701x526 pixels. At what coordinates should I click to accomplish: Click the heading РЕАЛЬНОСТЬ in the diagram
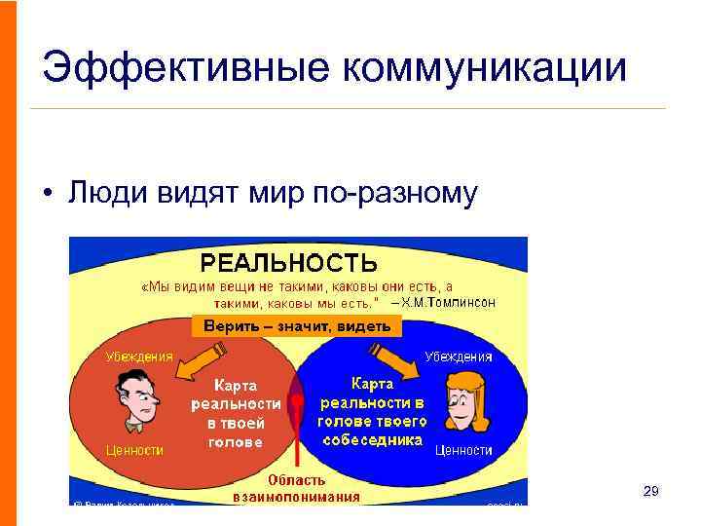click(x=288, y=263)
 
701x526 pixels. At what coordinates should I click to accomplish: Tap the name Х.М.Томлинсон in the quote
click(x=449, y=303)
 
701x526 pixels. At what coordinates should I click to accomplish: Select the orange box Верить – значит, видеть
click(x=297, y=326)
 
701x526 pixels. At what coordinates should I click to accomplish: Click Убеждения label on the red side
click(x=140, y=357)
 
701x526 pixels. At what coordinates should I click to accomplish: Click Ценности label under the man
click(x=134, y=450)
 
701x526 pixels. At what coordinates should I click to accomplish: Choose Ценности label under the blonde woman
click(x=463, y=450)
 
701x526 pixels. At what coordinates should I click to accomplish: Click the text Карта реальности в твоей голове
click(x=236, y=414)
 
